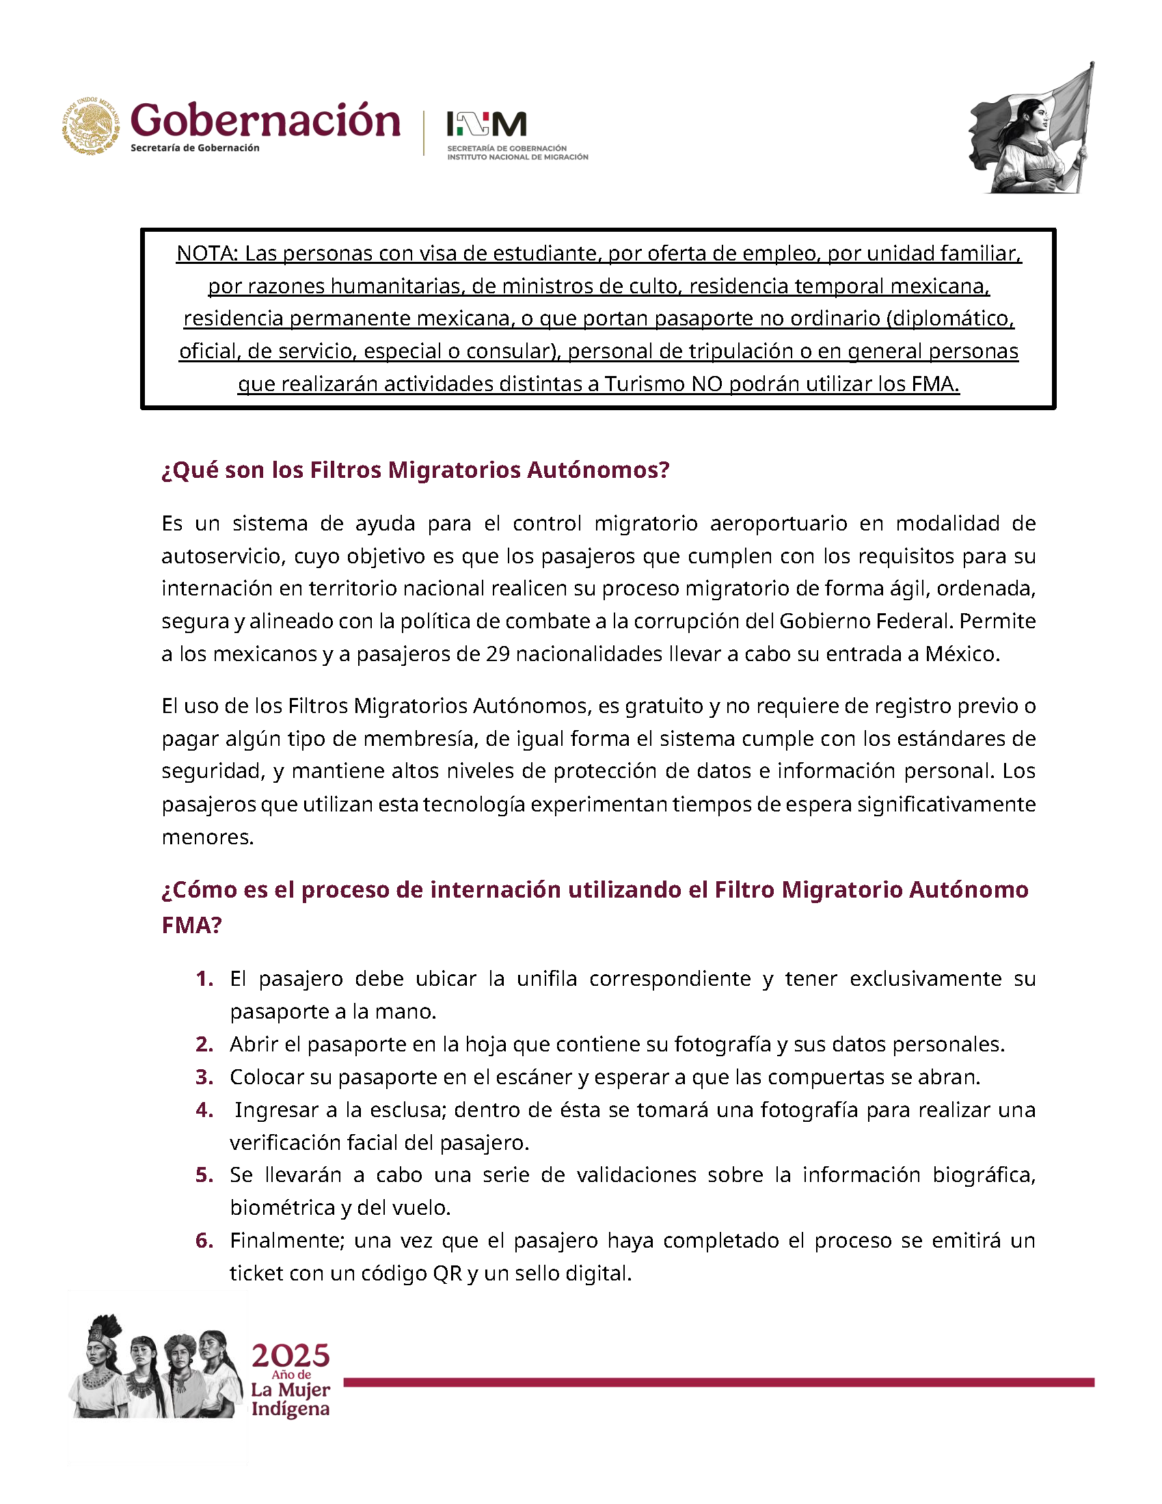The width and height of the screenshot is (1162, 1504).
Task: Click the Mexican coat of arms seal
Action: (91, 125)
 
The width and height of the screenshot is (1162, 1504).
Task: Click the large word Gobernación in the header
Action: (265, 120)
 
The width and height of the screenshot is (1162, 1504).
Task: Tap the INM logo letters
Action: (486, 124)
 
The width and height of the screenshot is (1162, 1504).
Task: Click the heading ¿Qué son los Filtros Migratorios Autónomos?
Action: (415, 470)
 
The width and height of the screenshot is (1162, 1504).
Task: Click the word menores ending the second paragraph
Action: (206, 837)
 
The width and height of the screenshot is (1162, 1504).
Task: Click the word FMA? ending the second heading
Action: (191, 925)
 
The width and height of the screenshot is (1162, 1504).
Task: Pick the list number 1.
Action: (204, 978)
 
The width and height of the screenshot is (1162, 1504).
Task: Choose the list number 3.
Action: (204, 1077)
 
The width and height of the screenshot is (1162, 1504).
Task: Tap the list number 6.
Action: (204, 1240)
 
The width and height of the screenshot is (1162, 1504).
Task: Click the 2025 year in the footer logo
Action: (290, 1356)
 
